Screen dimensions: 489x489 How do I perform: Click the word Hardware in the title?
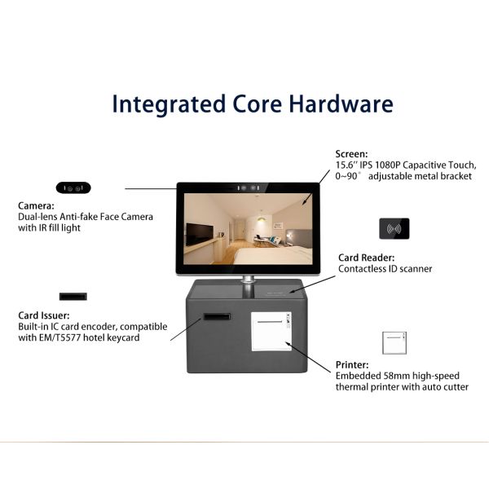[341, 104]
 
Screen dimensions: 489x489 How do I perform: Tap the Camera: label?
[36, 206]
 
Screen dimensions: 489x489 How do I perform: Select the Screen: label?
[351, 154]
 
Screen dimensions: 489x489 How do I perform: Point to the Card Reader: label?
[367, 258]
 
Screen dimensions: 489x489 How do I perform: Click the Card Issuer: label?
[44, 315]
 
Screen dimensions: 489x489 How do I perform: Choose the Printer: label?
[352, 365]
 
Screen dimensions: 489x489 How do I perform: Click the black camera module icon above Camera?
[73, 188]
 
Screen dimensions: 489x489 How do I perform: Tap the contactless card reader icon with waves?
[394, 229]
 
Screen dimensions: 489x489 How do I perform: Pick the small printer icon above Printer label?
[394, 343]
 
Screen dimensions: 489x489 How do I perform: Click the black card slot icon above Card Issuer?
[73, 297]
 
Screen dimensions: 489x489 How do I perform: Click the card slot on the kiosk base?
[217, 317]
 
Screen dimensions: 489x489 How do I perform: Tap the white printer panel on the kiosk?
[271, 331]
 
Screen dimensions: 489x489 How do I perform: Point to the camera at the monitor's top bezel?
[249, 188]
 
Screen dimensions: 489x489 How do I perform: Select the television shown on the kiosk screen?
[200, 235]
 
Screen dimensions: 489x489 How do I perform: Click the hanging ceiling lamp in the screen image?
[262, 218]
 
